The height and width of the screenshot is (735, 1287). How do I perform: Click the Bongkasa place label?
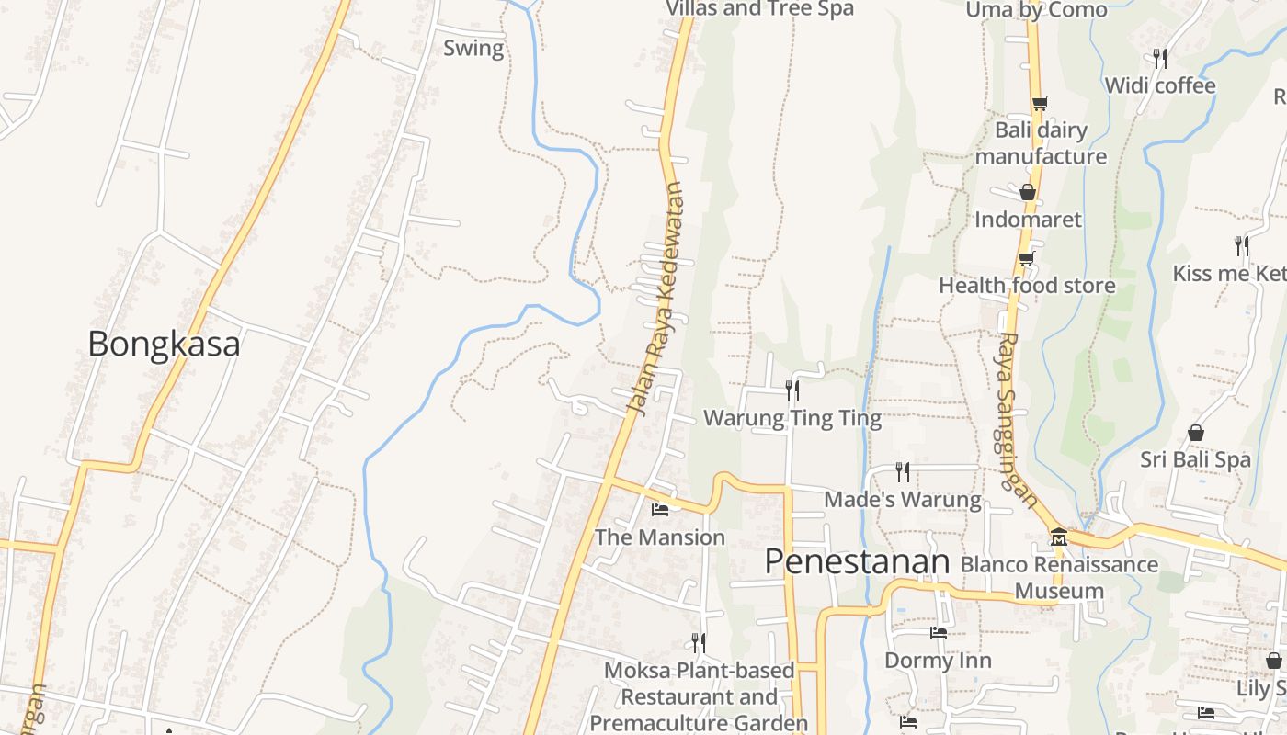[164, 344]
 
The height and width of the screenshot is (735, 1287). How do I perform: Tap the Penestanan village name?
[857, 561]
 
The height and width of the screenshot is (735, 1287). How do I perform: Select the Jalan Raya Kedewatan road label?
[658, 299]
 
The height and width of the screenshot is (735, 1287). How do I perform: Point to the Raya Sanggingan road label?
[1018, 419]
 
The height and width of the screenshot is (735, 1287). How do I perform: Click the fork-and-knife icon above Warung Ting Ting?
[792, 390]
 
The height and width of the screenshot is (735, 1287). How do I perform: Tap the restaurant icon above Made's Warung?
[903, 471]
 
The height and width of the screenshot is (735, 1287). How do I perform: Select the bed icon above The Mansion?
[660, 509]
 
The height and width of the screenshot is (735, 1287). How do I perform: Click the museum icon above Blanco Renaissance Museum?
[1058, 536]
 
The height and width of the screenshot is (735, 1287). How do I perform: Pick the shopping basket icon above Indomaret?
[1028, 192]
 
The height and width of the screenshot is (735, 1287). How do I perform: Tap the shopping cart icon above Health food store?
[1027, 258]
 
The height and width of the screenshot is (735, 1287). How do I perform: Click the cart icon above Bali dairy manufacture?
[1040, 103]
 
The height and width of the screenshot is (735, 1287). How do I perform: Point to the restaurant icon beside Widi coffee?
[1160, 58]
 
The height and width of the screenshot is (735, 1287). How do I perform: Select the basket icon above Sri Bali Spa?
[1196, 432]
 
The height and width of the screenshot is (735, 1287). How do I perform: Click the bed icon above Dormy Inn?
[938, 632]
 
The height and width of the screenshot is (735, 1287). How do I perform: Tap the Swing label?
[473, 48]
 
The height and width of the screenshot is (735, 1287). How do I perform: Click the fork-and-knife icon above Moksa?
[699, 641]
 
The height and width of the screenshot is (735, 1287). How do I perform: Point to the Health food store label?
[1027, 286]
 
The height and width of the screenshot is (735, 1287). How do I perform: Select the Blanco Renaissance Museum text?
[1059, 577]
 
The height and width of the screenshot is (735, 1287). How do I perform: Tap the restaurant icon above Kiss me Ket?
[1241, 245]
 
